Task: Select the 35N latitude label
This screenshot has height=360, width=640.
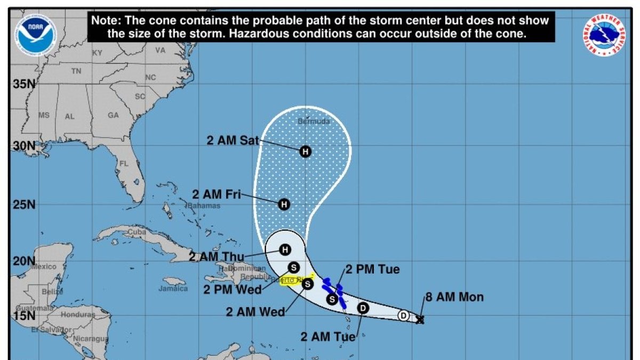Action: point(24,84)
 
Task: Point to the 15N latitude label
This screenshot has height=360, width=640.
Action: point(24,315)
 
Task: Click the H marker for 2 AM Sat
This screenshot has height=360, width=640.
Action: point(305,151)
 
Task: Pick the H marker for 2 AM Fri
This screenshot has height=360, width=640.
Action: point(284,204)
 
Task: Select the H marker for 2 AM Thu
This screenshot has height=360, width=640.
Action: point(285,249)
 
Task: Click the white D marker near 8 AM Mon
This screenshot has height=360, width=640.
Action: point(404,315)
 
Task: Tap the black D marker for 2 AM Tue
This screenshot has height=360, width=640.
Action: point(363,308)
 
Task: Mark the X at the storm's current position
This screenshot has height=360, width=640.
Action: point(420,319)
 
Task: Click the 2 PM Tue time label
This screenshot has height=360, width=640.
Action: point(372,270)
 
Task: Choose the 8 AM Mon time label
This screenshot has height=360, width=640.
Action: point(454,297)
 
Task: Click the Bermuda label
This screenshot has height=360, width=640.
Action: point(314,121)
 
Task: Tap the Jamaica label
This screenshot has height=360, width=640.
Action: point(173,289)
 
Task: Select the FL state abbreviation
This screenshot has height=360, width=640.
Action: point(124,164)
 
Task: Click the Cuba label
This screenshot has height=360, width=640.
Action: point(137,232)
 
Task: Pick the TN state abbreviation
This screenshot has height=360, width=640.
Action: point(76,71)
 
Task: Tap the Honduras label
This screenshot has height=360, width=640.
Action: point(77,315)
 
